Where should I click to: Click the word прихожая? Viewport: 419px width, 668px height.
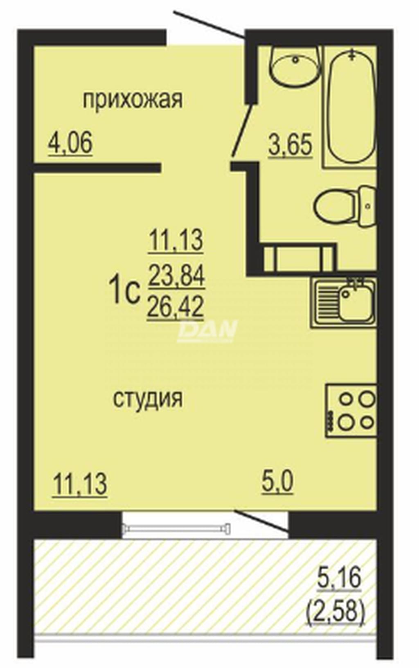tap(133, 100)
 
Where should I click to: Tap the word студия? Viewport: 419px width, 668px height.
tap(148, 399)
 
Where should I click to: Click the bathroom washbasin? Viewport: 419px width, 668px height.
tap(295, 65)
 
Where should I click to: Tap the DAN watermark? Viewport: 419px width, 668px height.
tap(206, 330)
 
